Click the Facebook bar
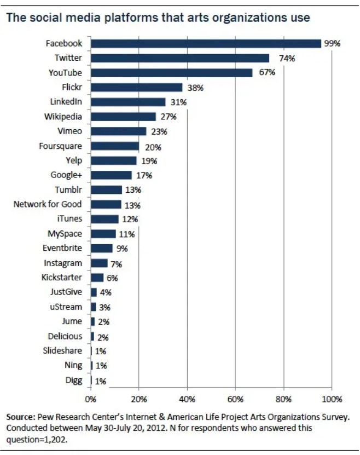pyautogui.click(x=206, y=43)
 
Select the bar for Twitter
pyautogui.click(x=180, y=58)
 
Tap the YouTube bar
pyautogui.click(x=172, y=73)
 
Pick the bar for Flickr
pyautogui.click(x=137, y=88)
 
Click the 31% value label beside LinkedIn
pyautogui.click(x=178, y=102)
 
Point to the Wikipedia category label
pyautogui.click(x=63, y=117)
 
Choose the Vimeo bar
pyautogui.click(x=119, y=131)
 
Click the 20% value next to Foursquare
pyautogui.click(x=153, y=147)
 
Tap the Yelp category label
pyautogui.click(x=74, y=160)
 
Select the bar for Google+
pyautogui.click(x=111, y=175)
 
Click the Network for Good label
pyautogui.click(x=48, y=204)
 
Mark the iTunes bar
pyautogui.click(x=104, y=219)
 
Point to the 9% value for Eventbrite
pyautogui.click(x=122, y=249)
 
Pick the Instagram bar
pyautogui.click(x=99, y=263)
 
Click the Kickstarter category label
pyautogui.click(x=62, y=278)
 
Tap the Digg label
pyautogui.click(x=74, y=380)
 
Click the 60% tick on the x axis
pyautogui.click(x=235, y=399)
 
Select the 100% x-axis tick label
pyautogui.click(x=332, y=399)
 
